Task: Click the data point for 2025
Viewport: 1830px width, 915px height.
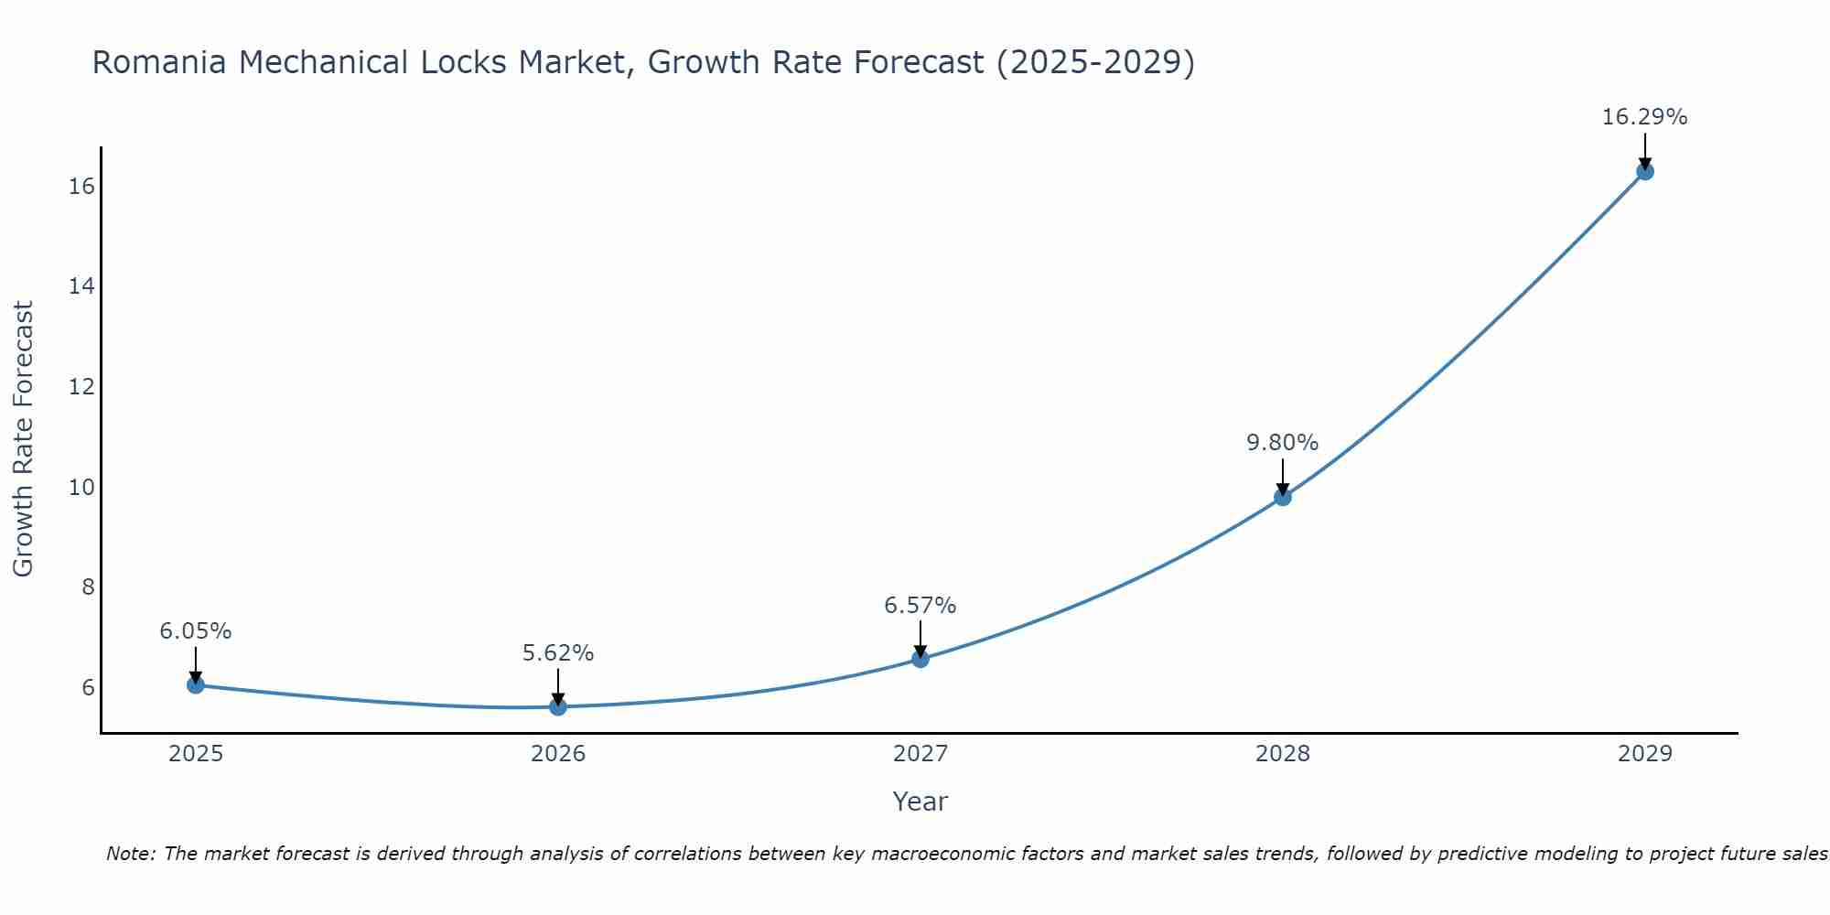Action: coord(195,684)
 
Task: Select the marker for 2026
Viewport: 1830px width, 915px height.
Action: coord(558,706)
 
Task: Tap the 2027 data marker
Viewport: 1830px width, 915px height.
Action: coord(920,659)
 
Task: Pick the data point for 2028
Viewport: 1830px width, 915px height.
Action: coord(1283,497)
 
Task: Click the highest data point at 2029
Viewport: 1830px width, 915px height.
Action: coord(1645,171)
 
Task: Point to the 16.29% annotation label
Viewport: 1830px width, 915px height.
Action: coord(1644,117)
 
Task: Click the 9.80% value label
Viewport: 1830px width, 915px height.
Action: coord(1282,443)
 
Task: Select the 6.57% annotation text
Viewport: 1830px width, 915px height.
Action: coord(920,606)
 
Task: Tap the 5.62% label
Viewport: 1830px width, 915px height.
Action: coord(558,653)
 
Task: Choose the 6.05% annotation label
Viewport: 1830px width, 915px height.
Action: coord(196,631)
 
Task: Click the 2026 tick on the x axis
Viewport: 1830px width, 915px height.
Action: coord(558,754)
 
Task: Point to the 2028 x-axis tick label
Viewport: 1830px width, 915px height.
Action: coord(1283,754)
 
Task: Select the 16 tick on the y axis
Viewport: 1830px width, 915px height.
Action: coord(81,187)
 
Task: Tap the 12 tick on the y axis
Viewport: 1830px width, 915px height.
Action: coord(81,387)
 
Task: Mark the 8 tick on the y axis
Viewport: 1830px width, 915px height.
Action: coord(88,587)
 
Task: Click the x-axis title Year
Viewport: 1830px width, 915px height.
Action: coord(920,802)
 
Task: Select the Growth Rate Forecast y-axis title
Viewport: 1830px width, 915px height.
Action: coord(23,439)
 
